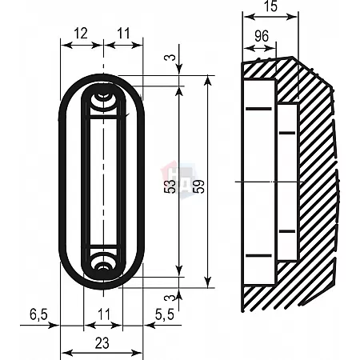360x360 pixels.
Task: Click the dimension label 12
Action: pyautogui.click(x=81, y=34)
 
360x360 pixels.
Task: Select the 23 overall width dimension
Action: pyautogui.click(x=102, y=343)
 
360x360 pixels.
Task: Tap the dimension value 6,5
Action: pyautogui.click(x=38, y=314)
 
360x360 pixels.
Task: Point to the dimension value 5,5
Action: pyautogui.click(x=165, y=314)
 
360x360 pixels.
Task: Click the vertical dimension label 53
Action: pyautogui.click(x=171, y=186)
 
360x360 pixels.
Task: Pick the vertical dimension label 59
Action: pyautogui.click(x=199, y=186)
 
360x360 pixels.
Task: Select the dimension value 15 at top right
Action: pyautogui.click(x=271, y=6)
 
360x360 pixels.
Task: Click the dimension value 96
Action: pyautogui.click(x=262, y=36)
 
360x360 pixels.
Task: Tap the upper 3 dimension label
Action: pyautogui.click(x=173, y=58)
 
